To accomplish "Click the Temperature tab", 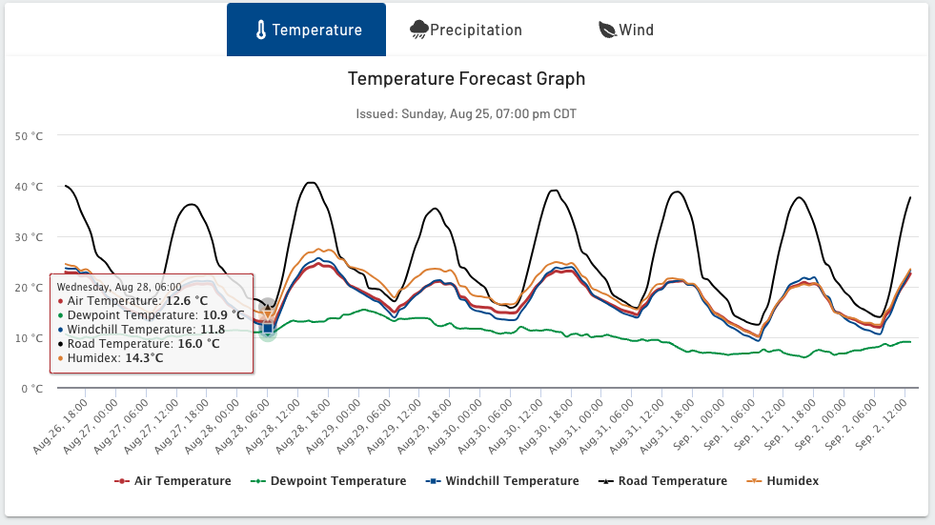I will (306, 30).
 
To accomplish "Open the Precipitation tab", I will (466, 30).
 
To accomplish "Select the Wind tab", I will (626, 30).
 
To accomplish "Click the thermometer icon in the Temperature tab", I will (261, 30).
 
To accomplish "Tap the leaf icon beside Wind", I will (607, 30).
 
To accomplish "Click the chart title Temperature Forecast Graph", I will (466, 79).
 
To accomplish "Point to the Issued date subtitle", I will (466, 114).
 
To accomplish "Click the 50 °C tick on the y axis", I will (30, 136).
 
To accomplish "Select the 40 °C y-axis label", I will (30, 187).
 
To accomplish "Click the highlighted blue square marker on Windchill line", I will (268, 329).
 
